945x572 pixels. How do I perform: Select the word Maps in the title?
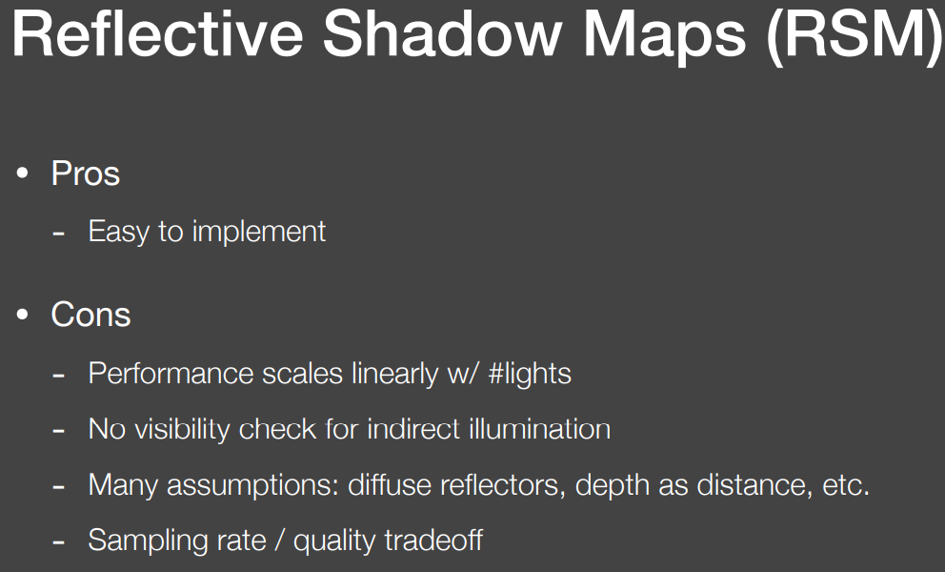click(665, 37)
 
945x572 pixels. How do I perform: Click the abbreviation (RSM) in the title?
click(855, 37)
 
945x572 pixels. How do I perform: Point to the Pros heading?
click(86, 174)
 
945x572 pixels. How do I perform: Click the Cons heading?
click(91, 315)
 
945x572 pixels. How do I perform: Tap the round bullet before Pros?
click(23, 174)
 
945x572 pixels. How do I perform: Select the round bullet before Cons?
click(23, 315)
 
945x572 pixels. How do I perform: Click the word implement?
click(259, 233)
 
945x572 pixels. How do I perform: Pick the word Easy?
click(119, 233)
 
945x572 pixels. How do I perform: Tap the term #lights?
click(530, 374)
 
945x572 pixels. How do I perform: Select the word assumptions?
click(253, 485)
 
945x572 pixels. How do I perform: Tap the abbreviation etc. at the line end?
click(846, 485)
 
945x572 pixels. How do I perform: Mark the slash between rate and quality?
click(279, 541)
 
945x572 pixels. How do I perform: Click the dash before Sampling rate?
click(58, 542)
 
